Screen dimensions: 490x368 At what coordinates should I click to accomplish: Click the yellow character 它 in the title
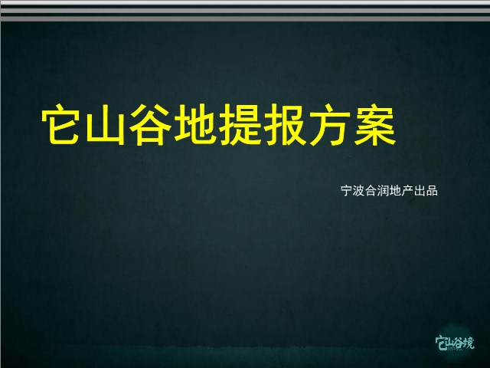click(60, 125)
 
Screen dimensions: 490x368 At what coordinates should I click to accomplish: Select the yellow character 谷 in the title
click(150, 125)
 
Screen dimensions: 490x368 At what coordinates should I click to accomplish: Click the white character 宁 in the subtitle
click(347, 191)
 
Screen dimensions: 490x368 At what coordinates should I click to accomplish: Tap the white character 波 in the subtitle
click(359, 191)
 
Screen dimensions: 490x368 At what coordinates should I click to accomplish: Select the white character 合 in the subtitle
click(371, 191)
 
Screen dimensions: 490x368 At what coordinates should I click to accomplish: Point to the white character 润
click(383, 191)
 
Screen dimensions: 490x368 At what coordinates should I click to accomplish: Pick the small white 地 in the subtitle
click(395, 191)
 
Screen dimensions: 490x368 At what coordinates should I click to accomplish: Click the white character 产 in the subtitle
click(407, 191)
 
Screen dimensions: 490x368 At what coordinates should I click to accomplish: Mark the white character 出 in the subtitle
click(420, 191)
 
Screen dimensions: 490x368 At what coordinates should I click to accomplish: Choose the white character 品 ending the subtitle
click(432, 191)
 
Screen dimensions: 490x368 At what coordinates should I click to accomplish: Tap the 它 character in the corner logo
click(440, 343)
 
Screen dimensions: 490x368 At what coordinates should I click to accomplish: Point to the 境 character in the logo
click(469, 343)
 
